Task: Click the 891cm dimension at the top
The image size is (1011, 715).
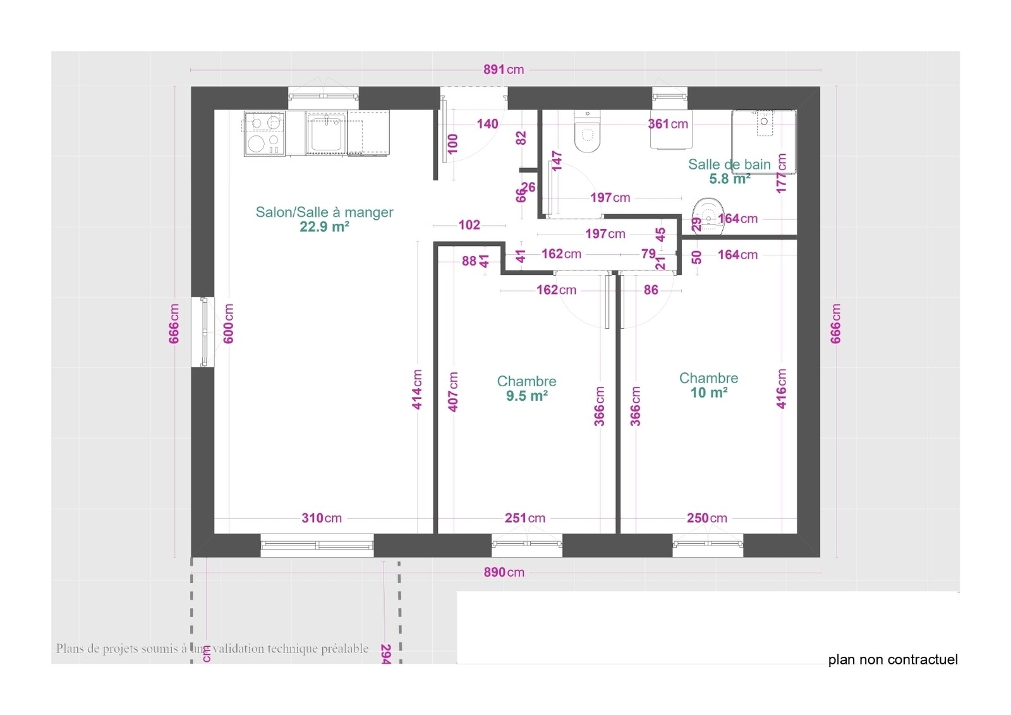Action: click(504, 70)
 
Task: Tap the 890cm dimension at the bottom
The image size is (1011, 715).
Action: click(504, 572)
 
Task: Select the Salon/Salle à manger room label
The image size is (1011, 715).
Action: click(324, 212)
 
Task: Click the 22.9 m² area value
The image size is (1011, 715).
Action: click(324, 226)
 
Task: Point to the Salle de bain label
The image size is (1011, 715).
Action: click(729, 164)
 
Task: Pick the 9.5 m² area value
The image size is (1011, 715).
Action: click(526, 396)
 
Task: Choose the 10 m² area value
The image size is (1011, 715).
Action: click(708, 393)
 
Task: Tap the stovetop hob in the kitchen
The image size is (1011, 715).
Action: click(264, 133)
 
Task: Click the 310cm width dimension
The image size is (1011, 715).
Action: click(322, 518)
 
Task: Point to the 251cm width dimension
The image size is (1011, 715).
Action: click(524, 518)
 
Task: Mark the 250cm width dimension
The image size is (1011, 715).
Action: click(706, 518)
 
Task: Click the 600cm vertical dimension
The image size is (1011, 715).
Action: click(229, 324)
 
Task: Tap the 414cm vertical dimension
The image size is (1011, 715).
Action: click(417, 389)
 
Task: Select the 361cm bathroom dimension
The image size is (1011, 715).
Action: click(668, 124)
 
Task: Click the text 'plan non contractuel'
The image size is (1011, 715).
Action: click(892, 660)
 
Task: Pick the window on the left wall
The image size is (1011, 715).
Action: click(203, 331)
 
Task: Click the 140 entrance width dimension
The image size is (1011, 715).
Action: click(487, 124)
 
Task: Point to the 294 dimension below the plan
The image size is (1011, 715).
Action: click(386, 654)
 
